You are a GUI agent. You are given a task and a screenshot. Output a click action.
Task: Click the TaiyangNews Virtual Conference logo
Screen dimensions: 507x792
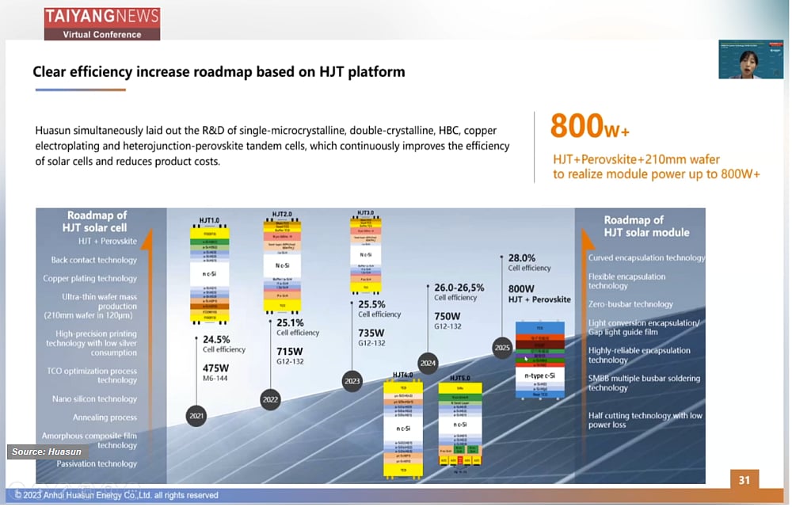point(101,22)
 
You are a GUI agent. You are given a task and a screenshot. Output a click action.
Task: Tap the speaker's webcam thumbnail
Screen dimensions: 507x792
point(750,59)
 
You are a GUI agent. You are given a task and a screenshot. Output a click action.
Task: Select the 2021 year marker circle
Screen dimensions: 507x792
point(197,416)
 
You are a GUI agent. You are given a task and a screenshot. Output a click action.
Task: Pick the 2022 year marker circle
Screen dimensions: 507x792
point(270,399)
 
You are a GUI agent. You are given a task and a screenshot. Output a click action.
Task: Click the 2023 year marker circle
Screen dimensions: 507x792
point(352,381)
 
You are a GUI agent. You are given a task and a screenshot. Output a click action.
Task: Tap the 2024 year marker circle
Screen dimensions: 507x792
point(428,363)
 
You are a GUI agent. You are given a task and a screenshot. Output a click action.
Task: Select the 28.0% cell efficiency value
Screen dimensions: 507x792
point(522,257)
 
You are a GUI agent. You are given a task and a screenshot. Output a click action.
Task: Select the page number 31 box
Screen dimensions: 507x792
point(744,480)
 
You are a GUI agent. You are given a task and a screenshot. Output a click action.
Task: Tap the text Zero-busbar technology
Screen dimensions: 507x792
point(630,304)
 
